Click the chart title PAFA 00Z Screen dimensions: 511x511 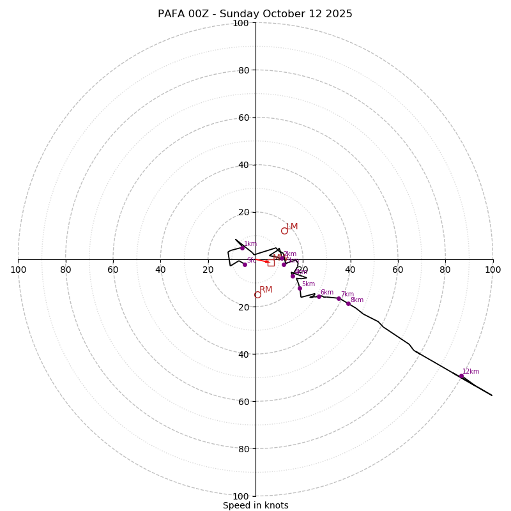click(x=255, y=14)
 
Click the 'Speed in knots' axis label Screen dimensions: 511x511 click(x=256, y=505)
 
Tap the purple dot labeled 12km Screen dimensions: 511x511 click(x=461, y=376)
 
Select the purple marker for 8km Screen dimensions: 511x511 click(x=348, y=303)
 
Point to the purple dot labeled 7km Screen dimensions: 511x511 click(x=339, y=298)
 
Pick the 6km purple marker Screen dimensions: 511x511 click(x=319, y=296)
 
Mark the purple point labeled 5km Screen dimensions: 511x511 click(x=300, y=288)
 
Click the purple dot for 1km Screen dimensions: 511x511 click(x=242, y=248)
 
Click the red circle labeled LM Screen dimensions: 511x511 click(x=284, y=231)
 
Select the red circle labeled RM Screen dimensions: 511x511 click(x=257, y=294)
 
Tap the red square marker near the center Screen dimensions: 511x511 click(x=271, y=263)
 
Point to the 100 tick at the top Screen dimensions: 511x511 click(x=241, y=23)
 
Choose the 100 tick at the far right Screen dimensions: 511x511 click(x=492, y=270)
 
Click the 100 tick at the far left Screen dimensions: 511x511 click(x=19, y=270)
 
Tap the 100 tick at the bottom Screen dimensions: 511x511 click(x=241, y=496)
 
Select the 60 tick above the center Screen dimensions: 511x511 click(x=243, y=118)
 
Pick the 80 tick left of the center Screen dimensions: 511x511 click(x=66, y=270)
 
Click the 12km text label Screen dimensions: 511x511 click(x=471, y=371)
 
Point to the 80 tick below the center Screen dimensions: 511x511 click(x=243, y=448)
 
